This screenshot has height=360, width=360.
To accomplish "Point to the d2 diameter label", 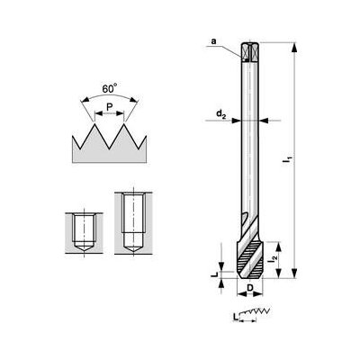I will tap(220, 114).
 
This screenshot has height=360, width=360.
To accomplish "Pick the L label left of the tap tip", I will tap(214, 268).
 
